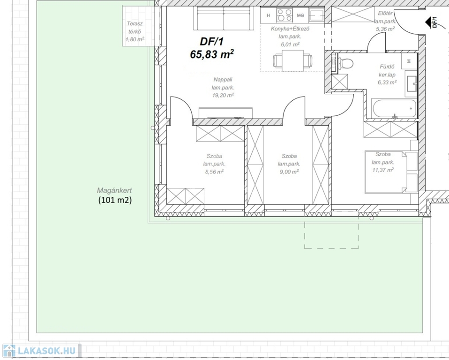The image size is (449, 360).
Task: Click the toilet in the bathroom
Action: tap(345, 63)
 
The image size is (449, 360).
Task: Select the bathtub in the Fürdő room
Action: tap(390, 109)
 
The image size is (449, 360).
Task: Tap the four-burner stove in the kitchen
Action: tap(284, 15)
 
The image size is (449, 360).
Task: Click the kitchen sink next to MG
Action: tap(316, 15)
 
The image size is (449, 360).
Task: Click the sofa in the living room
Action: tap(224, 18)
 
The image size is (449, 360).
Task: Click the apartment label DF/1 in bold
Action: tap(211, 42)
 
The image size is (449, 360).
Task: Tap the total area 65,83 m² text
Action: tap(212, 54)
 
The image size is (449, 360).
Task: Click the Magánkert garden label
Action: tap(114, 190)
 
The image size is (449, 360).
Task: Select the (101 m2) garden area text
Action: tap(115, 200)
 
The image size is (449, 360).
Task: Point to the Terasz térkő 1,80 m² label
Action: tap(135, 31)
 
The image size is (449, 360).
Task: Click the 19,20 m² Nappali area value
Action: tap(223, 95)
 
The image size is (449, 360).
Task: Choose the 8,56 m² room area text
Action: tap(214, 172)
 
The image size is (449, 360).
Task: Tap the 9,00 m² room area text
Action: tap(289, 172)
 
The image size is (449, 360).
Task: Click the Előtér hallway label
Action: tap(385, 13)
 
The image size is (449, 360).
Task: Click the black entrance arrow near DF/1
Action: tap(429, 22)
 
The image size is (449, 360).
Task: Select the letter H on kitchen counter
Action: tap(268, 15)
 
